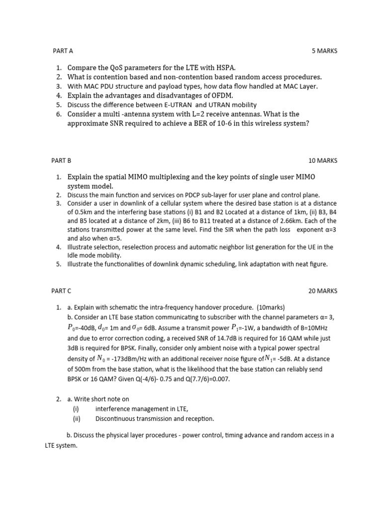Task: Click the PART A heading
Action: coord(63,51)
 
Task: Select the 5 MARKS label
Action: coord(324,51)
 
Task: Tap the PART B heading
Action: coord(62,160)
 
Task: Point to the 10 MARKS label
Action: coord(323,160)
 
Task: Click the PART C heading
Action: coord(62,291)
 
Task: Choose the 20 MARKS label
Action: coord(323,291)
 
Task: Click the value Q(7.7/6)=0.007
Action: coord(206,379)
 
